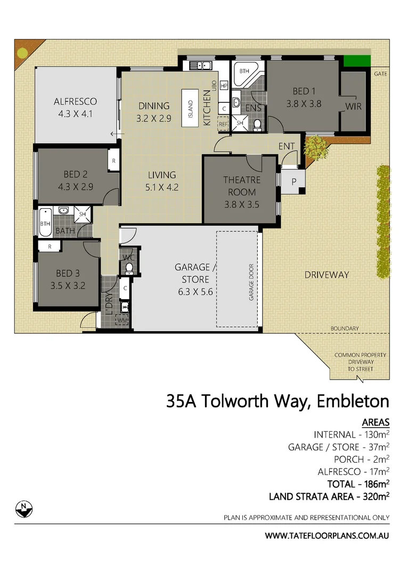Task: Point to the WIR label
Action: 353,106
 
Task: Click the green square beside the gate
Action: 356,61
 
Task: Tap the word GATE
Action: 380,73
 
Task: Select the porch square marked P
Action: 294,182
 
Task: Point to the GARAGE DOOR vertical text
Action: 251,282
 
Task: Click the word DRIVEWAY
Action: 327,275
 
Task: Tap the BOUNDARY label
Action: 344,328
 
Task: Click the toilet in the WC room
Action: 128,268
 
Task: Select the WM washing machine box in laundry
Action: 123,320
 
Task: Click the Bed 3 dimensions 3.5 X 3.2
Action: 68,285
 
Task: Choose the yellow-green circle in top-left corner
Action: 22,53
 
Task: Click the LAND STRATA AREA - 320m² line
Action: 329,496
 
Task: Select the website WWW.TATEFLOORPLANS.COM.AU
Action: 327,535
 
